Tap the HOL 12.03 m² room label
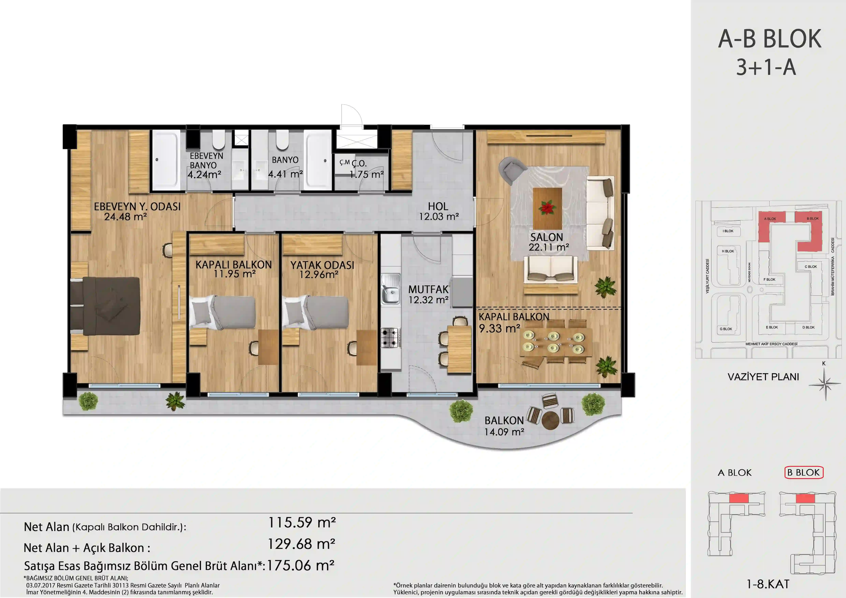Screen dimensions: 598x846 (438, 211)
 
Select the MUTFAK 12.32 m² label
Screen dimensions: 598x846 (428, 294)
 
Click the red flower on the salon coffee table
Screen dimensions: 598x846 (547, 207)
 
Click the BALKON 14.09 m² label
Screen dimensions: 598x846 (504, 426)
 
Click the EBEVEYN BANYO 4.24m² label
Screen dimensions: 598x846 (205, 165)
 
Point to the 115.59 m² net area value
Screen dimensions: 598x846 (301, 523)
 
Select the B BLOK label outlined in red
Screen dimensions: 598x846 (804, 472)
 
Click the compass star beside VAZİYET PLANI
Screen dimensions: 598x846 (825, 384)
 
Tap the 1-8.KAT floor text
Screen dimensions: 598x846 (768, 584)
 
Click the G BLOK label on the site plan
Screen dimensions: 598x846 (726, 329)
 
